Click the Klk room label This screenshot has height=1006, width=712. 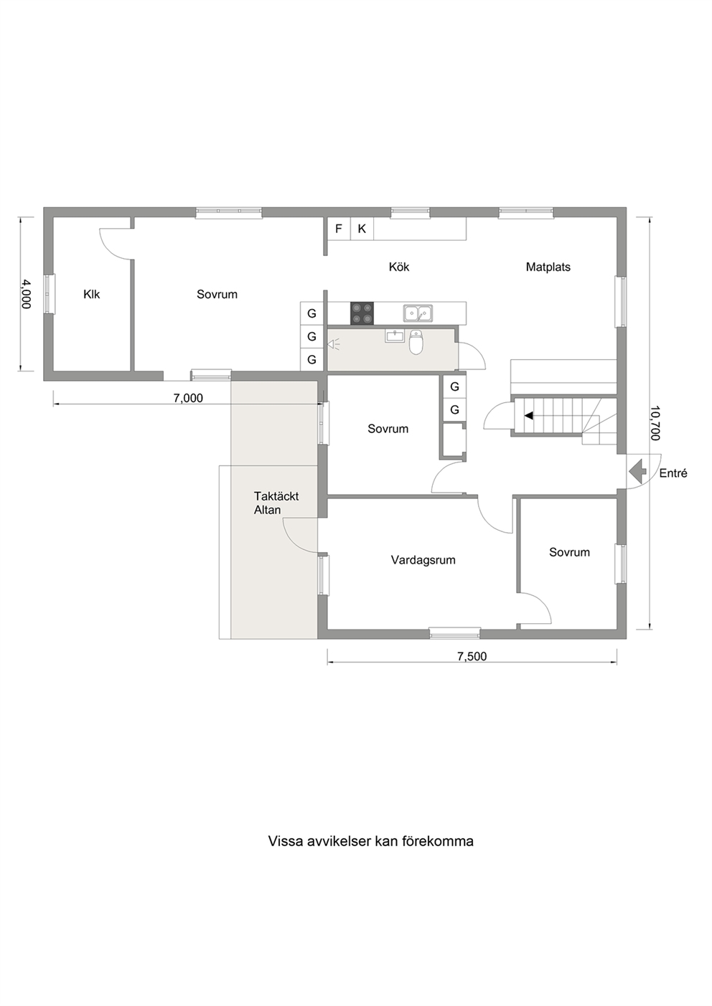point(92,294)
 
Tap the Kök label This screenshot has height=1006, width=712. point(399,267)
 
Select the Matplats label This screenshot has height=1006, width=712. point(548,267)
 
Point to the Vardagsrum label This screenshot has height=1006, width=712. point(423,560)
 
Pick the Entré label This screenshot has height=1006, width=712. point(673,473)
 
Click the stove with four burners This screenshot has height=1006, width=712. point(362,313)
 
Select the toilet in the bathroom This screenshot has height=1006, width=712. point(416,343)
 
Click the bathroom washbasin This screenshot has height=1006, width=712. point(395,336)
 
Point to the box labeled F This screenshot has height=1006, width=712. point(339,229)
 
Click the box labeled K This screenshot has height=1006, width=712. point(362,229)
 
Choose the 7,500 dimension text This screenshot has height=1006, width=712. point(472,656)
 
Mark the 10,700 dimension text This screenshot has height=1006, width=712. point(655,423)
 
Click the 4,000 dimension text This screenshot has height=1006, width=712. point(26,294)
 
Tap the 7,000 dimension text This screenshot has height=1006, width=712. point(188,398)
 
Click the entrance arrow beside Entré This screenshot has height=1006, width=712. point(637,471)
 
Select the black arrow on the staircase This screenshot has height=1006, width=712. point(528,415)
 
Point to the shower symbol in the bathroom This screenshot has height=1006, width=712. point(334,345)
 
